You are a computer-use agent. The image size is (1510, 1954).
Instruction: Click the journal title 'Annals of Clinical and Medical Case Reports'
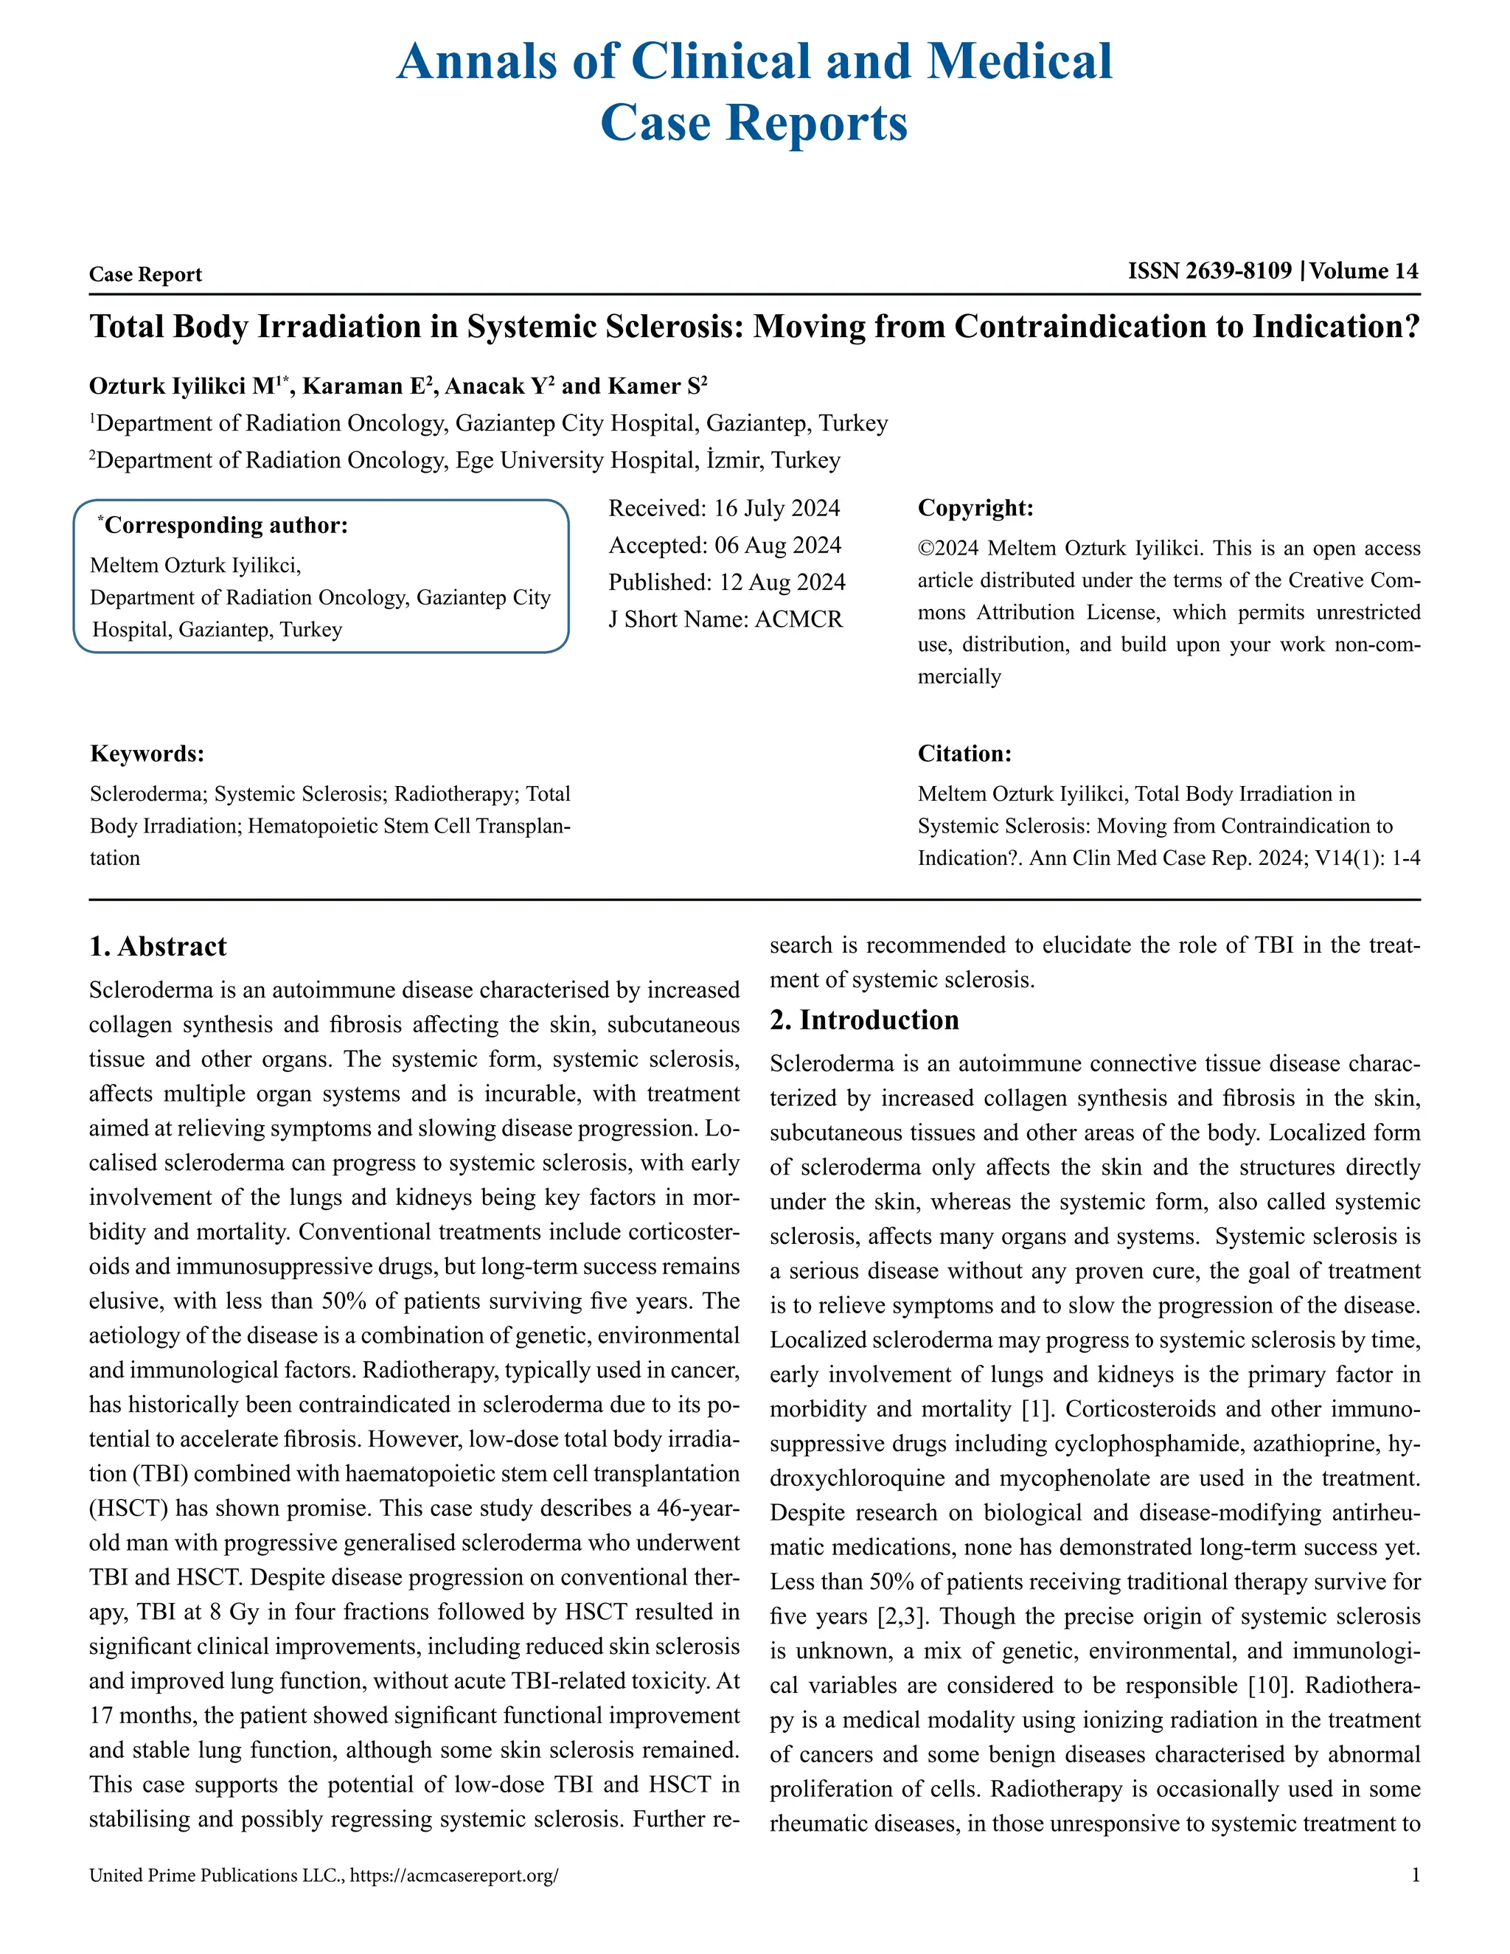point(754,91)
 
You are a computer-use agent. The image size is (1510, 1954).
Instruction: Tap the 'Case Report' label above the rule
point(146,275)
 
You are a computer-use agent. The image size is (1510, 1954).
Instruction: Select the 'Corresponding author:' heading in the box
point(226,525)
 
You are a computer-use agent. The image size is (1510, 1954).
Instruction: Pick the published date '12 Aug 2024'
point(782,583)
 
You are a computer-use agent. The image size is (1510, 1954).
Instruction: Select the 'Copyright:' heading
point(975,508)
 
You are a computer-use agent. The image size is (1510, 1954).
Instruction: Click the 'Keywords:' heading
point(147,754)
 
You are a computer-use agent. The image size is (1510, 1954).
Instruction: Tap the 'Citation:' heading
point(964,754)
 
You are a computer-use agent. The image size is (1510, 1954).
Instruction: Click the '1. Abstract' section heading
point(159,947)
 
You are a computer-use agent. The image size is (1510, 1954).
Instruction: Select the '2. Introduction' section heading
point(864,1020)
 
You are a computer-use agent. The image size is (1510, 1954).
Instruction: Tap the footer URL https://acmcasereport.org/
point(454,1875)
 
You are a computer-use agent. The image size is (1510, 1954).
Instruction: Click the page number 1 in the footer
point(1415,1875)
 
